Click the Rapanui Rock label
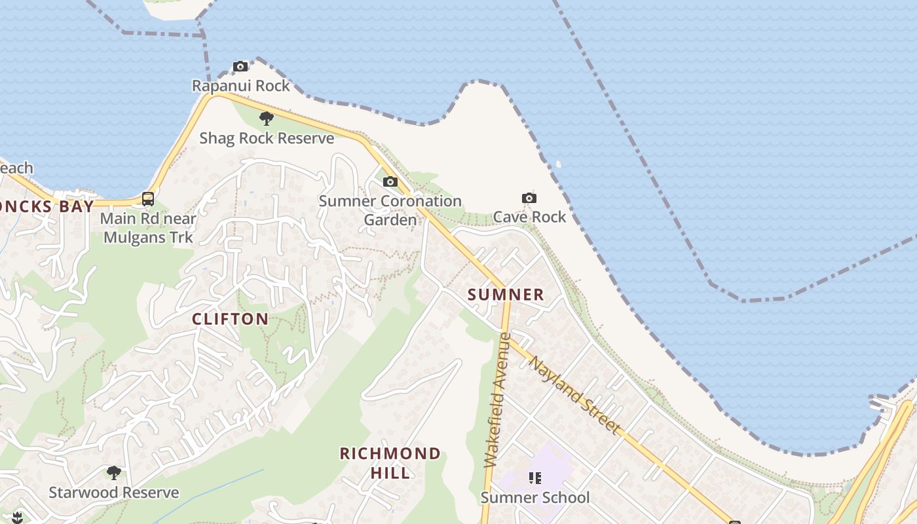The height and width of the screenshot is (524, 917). pyautogui.click(x=240, y=86)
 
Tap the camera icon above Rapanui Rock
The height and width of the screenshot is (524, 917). pyautogui.click(x=240, y=66)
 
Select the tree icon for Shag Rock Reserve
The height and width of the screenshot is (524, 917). pyautogui.click(x=266, y=119)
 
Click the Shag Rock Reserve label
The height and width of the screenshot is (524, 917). pyautogui.click(x=267, y=138)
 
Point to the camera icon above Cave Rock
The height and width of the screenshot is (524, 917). pyautogui.click(x=529, y=198)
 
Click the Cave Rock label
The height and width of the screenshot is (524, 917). pyautogui.click(x=529, y=217)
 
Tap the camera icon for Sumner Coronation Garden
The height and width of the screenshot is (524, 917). pyautogui.click(x=390, y=181)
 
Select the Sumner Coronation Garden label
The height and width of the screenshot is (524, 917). pyautogui.click(x=390, y=210)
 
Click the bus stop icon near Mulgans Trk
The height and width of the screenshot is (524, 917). pyautogui.click(x=148, y=198)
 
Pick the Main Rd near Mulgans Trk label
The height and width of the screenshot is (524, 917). pyautogui.click(x=148, y=227)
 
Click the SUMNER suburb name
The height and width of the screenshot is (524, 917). pyautogui.click(x=506, y=295)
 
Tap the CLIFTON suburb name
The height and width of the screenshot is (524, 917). pyautogui.click(x=230, y=319)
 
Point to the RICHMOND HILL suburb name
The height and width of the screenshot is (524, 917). pyautogui.click(x=390, y=462)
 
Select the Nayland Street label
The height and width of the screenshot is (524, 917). pyautogui.click(x=574, y=395)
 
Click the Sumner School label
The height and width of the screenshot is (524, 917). pyautogui.click(x=535, y=498)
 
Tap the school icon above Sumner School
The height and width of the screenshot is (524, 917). pyautogui.click(x=535, y=478)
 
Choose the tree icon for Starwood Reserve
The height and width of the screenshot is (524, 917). pyautogui.click(x=114, y=472)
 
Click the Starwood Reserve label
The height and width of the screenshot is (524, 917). pyautogui.click(x=114, y=493)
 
